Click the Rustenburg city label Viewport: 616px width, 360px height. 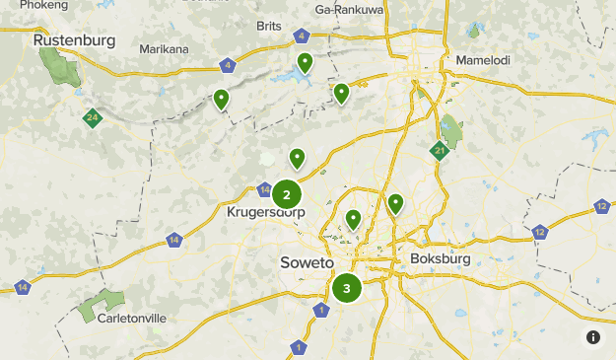tap(74, 40)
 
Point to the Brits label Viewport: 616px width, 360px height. tap(268, 26)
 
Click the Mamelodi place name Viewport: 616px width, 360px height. tap(483, 60)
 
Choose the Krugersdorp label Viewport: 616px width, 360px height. tap(265, 212)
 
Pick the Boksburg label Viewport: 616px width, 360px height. tap(440, 258)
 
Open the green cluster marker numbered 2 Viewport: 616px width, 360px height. tap(287, 194)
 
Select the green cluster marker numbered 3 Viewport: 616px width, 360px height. tap(347, 289)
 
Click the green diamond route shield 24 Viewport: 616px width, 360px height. tap(92, 118)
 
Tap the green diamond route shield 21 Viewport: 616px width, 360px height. tap(440, 150)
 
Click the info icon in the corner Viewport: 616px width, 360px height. tap(593, 337)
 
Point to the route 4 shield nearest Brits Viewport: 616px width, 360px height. tap(301, 37)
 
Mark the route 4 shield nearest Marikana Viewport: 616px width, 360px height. tap(229, 66)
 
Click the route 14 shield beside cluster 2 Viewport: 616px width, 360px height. tap(264, 188)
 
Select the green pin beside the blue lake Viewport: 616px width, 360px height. tap(306, 63)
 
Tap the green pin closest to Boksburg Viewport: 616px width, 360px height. tap(395, 203)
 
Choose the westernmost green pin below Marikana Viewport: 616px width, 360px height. tap(221, 98)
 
